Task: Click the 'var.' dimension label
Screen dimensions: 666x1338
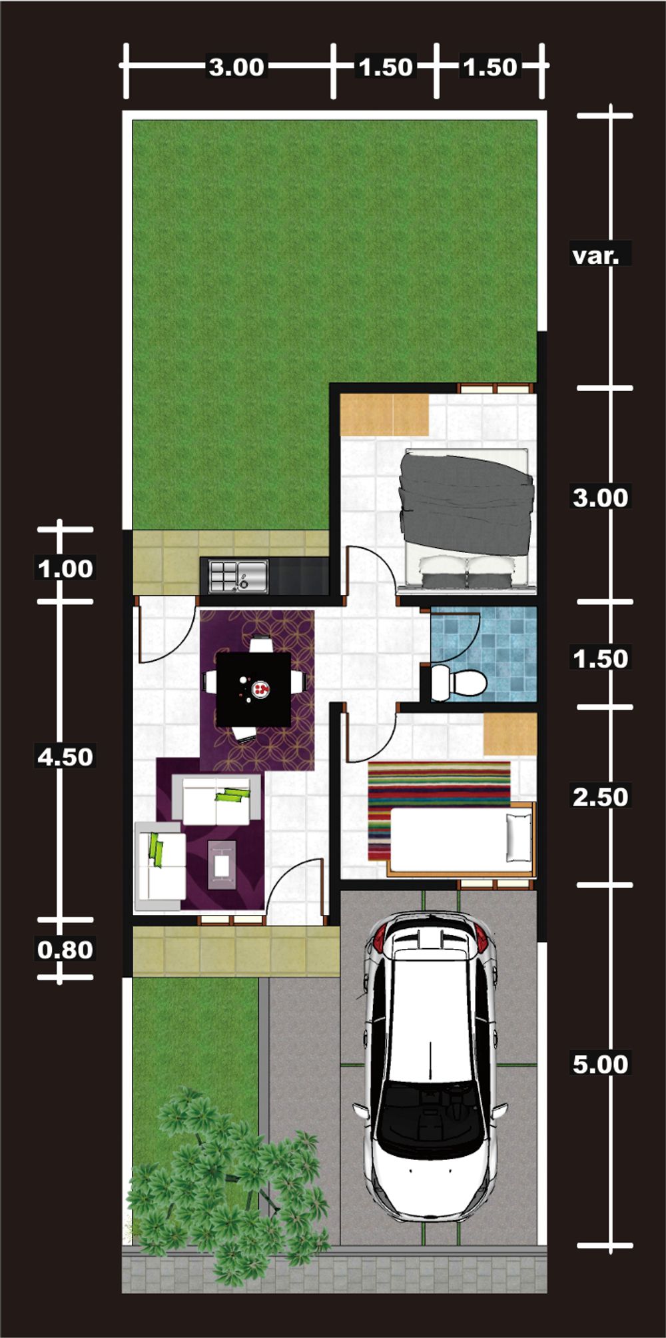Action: click(x=595, y=255)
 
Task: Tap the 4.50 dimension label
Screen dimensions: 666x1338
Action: click(x=65, y=757)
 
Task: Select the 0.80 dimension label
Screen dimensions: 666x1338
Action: click(x=65, y=950)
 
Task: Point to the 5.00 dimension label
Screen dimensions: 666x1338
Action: click(x=600, y=1064)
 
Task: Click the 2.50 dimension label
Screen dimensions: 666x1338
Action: click(x=600, y=797)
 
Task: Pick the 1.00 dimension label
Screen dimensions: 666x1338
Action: click(x=65, y=569)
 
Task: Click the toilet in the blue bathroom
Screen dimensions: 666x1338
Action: click(x=458, y=682)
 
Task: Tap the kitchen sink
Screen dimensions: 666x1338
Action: click(x=238, y=576)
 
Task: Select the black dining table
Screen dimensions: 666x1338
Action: click(x=254, y=689)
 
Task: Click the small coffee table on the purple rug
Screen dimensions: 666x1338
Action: click(x=222, y=865)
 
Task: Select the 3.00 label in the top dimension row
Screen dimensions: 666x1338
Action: click(x=236, y=67)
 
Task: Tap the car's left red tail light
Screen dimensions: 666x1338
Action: click(x=378, y=940)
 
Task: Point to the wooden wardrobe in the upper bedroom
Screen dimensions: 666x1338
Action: click(x=384, y=414)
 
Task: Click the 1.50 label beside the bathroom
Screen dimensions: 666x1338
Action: click(x=600, y=658)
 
